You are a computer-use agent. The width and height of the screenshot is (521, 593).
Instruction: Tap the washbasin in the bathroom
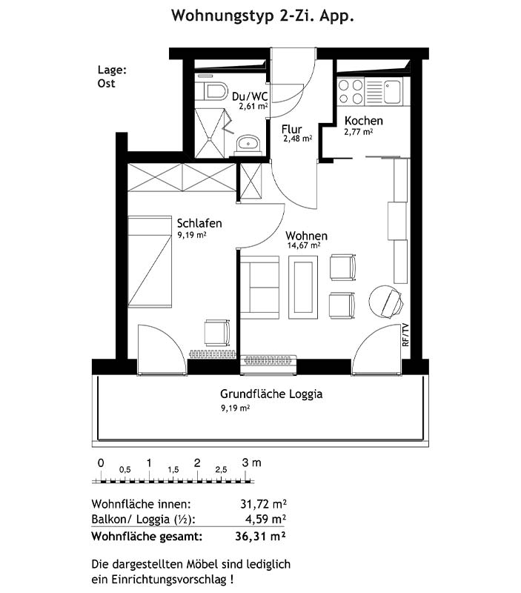248,145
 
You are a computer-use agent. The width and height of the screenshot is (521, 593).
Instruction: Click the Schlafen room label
199,223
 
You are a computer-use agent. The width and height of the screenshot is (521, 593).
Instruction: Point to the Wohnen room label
306,236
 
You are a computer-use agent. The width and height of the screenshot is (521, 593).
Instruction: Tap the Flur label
291,129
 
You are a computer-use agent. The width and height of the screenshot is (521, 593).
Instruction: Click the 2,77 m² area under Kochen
359,132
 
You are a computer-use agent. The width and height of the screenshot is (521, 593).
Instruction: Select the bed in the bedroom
150,262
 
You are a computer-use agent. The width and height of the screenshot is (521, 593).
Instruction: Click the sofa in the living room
259,287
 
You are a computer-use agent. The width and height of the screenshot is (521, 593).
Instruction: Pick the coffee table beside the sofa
303,288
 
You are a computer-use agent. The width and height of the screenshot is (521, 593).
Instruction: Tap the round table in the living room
386,302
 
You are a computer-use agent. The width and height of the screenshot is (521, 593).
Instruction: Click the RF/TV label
405,335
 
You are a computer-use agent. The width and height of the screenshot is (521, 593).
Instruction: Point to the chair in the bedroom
217,333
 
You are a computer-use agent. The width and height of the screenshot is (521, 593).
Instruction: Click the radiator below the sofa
268,360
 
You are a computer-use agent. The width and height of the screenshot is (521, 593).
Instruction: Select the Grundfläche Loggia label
271,394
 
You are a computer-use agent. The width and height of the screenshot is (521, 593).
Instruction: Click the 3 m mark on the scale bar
251,463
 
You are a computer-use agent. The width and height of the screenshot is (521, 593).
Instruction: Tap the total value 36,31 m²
260,537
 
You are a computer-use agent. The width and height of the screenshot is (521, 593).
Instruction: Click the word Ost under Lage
106,84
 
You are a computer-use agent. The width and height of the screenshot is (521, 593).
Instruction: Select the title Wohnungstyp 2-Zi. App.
262,16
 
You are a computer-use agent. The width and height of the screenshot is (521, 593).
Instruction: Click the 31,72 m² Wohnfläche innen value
263,504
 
